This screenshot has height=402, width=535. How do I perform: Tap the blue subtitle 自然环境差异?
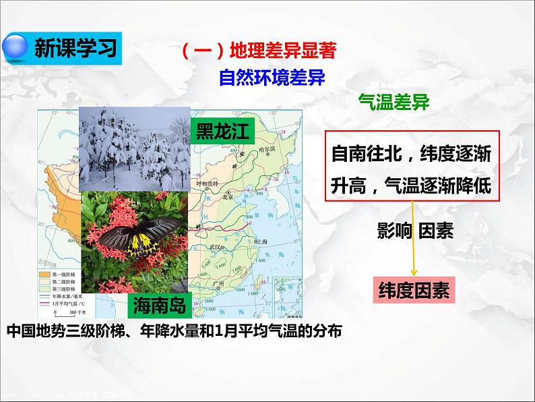272,78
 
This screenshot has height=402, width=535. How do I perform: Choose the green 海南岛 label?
160,305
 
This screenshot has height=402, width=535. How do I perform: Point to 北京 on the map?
228,196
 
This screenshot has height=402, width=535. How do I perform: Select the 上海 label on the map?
260,241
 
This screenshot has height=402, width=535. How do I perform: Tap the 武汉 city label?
216,248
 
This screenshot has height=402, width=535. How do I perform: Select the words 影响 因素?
415,231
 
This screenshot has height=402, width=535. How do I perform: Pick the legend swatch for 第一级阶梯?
43,275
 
